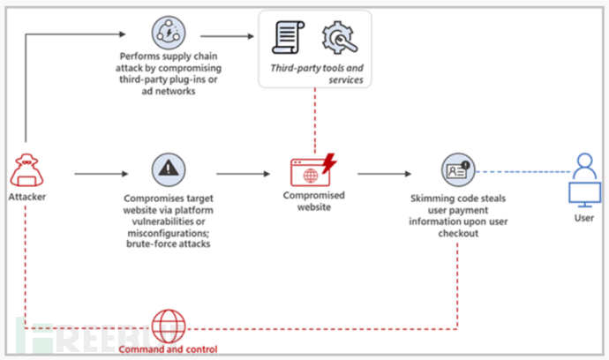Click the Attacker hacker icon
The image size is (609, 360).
pyautogui.click(x=26, y=169)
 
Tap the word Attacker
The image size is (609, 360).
pyautogui.click(x=26, y=197)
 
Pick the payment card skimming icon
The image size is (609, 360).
pyautogui.click(x=456, y=169)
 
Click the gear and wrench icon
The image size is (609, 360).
pyautogui.click(x=339, y=37)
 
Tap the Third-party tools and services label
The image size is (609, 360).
pyautogui.click(x=315, y=72)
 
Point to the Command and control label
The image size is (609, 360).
pyautogui.click(x=167, y=349)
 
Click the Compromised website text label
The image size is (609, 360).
pyautogui.click(x=313, y=200)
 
